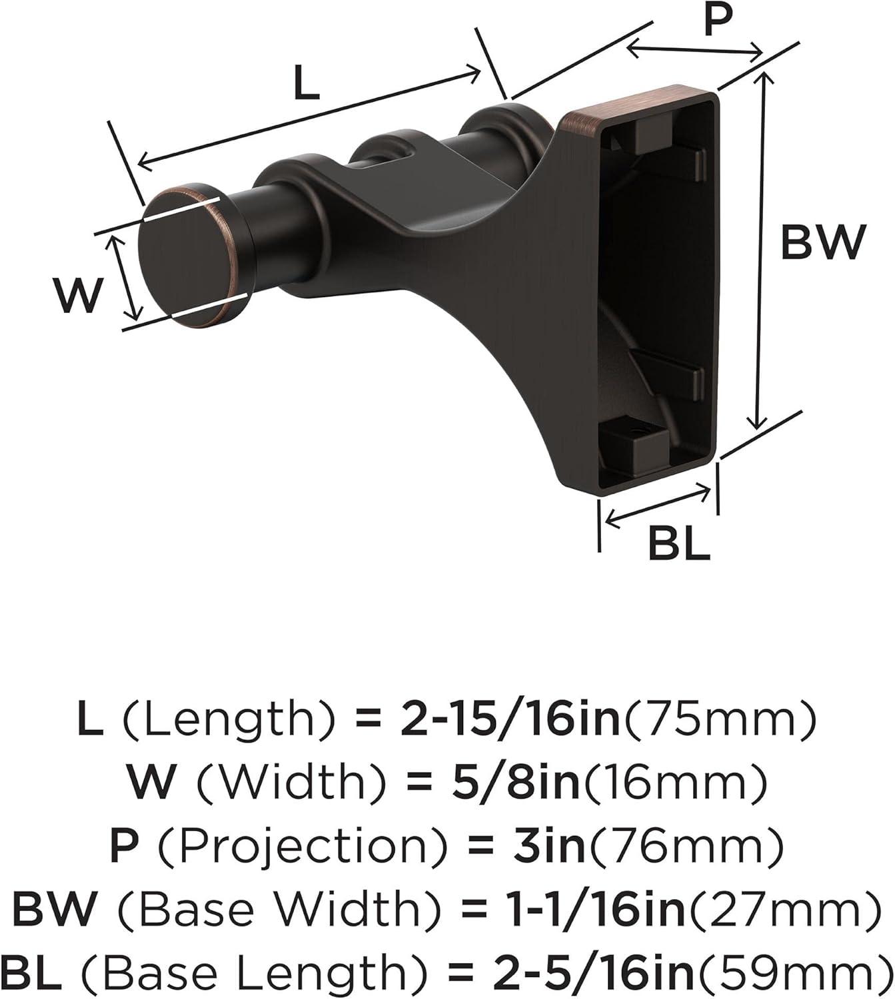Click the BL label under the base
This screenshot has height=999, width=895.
pyautogui.click(x=679, y=543)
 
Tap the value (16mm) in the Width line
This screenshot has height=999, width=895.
pyautogui.click(x=673, y=783)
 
